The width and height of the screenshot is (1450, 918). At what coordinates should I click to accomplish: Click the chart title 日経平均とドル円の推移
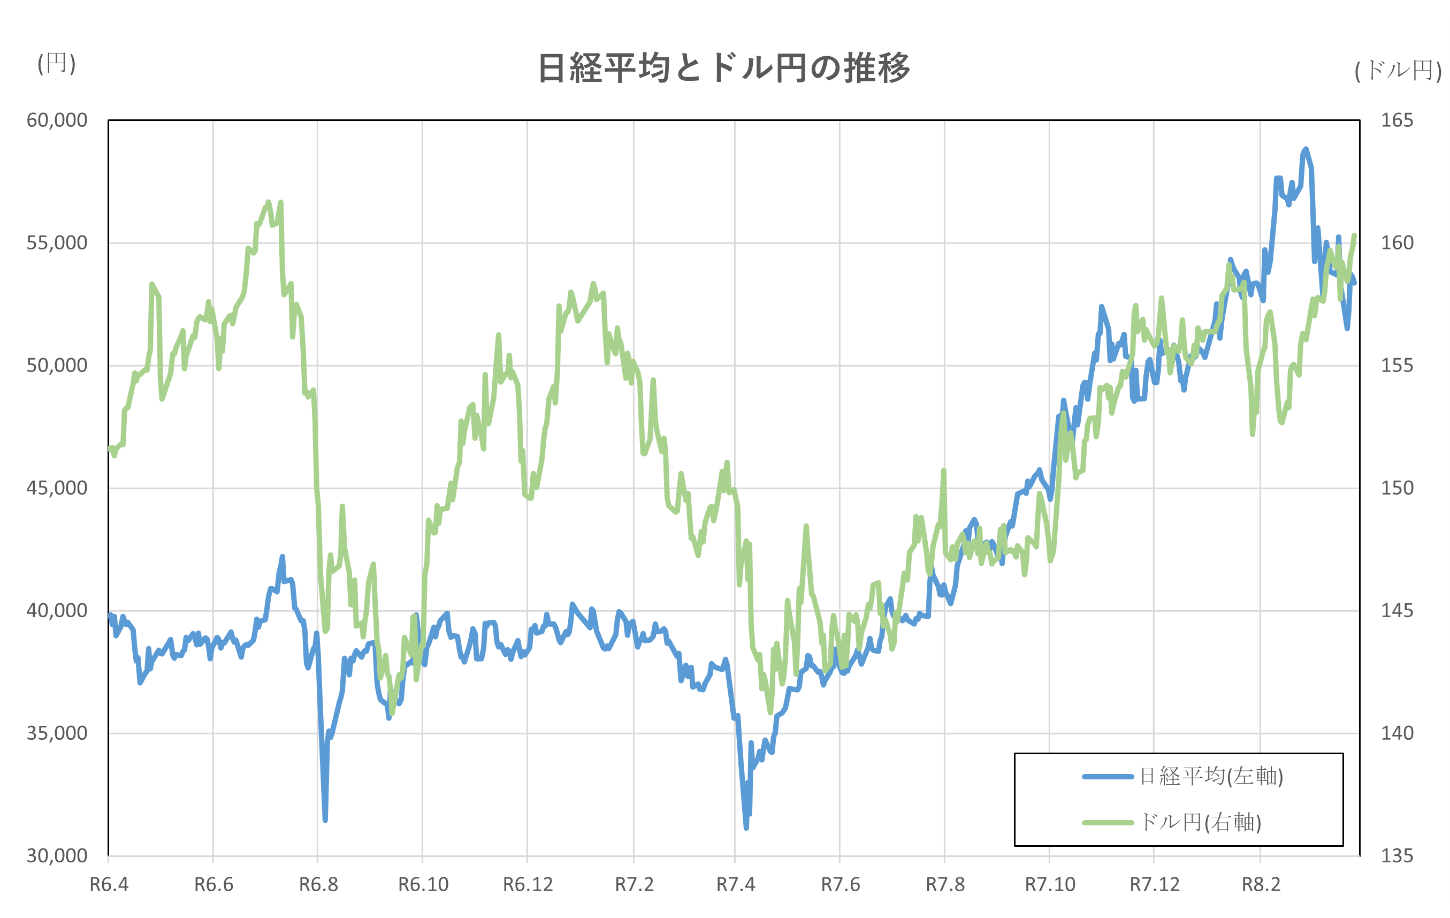point(723,68)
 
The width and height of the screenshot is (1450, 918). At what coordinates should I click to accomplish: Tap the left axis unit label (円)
point(57,63)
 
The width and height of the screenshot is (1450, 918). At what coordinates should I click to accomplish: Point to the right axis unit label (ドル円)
point(1398,71)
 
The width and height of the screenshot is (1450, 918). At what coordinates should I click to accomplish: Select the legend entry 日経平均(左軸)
point(1210,777)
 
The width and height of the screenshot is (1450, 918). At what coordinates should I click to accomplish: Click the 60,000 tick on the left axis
point(57,120)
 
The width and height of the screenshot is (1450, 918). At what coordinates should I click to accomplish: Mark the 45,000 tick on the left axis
point(57,488)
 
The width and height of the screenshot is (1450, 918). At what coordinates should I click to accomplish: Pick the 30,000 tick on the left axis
point(57,856)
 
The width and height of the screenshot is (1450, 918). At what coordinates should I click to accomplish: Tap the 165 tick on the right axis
point(1397,120)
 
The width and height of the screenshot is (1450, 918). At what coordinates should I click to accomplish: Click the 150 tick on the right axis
point(1397,488)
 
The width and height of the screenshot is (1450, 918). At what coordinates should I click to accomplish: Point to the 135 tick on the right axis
point(1397,856)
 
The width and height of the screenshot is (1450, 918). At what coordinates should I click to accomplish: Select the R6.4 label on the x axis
point(109,885)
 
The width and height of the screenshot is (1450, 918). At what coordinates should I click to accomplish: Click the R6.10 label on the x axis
point(423,885)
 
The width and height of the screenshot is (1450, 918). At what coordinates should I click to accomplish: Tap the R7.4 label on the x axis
point(735,885)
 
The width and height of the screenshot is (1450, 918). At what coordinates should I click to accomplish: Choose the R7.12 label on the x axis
point(1154,885)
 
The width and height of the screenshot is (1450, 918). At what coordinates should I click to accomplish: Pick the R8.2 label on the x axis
point(1261,885)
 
